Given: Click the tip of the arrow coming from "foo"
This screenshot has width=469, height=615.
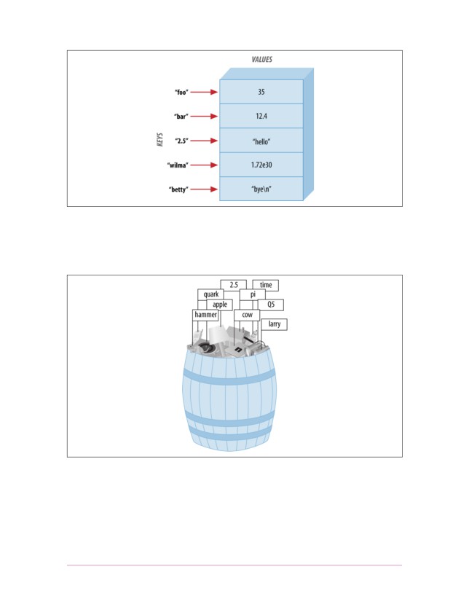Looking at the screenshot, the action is pos(218,92).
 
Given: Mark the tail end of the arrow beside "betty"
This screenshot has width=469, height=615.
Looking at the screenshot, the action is pos(191,189).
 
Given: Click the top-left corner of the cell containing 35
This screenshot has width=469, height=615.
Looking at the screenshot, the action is pos(220,79).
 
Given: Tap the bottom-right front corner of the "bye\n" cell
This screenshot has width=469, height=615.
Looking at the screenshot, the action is pos(303,201).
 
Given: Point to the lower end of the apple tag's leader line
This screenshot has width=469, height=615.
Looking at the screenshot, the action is pos(221,326).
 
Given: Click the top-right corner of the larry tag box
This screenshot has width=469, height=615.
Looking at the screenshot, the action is pos(287,318).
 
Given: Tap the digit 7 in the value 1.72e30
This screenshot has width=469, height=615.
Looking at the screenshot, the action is pos(257,165).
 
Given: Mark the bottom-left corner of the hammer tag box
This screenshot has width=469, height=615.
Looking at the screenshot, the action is pos(192,321).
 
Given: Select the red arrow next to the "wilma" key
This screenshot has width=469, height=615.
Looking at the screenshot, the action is pos(205,165).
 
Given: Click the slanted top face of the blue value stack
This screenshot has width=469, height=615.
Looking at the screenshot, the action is pos(267,74).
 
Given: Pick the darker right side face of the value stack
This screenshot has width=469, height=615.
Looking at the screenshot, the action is pos(309,134).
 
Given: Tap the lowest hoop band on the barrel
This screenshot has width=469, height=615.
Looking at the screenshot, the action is pos(229,435).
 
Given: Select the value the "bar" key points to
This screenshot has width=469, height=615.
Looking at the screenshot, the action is pos(261,116).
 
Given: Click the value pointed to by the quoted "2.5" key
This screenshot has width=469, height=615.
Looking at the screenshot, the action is pos(261,141).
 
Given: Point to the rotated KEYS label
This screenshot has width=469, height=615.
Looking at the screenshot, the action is pos(160,140).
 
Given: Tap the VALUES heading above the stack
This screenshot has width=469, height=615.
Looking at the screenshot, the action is pos(262,59).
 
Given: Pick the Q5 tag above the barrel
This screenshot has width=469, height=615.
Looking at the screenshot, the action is pos(271,305).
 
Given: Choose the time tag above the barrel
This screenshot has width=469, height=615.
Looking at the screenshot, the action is pos(266,285).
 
